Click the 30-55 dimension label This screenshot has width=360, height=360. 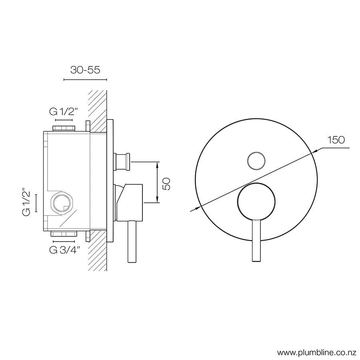85,70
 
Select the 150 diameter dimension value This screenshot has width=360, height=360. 336,140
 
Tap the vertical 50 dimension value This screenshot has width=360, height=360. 167,183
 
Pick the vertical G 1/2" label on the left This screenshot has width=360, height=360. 27,202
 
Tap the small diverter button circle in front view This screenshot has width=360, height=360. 256,161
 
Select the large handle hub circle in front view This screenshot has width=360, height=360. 256,202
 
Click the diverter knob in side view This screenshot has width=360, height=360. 122,161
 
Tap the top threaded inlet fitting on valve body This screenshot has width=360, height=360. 64,128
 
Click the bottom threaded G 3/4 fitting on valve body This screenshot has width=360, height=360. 64,234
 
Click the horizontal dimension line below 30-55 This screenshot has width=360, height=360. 85,80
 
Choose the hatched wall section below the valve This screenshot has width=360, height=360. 97,252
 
